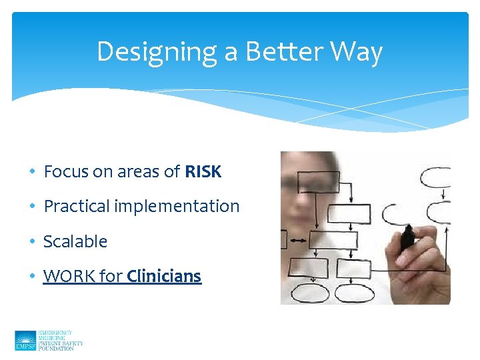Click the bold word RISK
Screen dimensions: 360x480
(203, 172)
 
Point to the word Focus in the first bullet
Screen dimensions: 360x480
(67, 172)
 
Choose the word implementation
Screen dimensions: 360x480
(177, 207)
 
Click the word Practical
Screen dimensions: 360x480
(77, 207)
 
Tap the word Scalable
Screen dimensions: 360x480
(75, 241)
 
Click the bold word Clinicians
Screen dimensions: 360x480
(164, 276)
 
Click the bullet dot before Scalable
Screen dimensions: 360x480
(33, 242)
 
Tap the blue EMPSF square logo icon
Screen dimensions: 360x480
(25, 341)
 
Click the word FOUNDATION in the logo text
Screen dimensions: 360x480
(56, 349)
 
